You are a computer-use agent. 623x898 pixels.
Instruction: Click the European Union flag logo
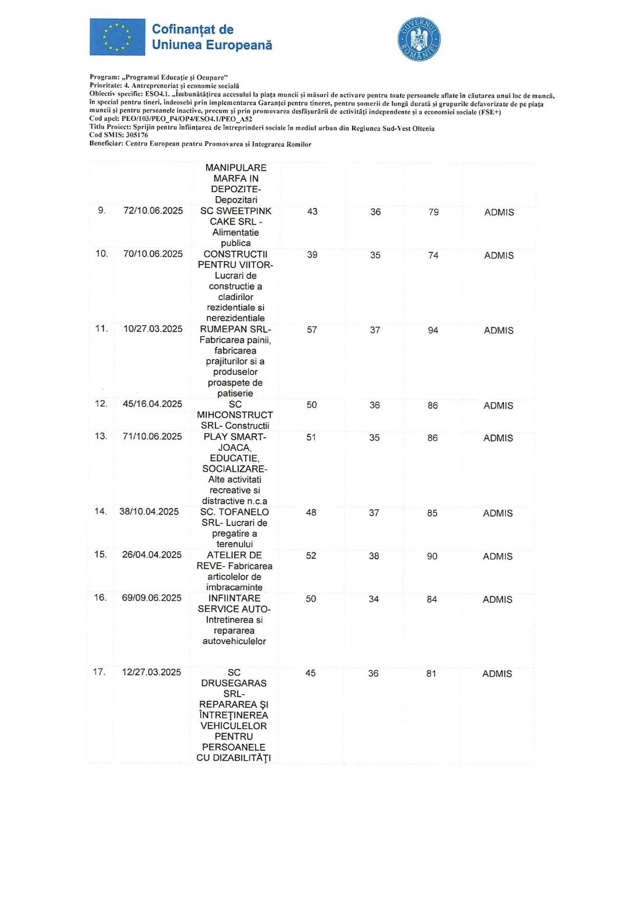pos(117,37)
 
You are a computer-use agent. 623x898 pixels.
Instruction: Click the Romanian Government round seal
pos(419,40)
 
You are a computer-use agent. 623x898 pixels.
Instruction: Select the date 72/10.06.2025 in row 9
pos(153,211)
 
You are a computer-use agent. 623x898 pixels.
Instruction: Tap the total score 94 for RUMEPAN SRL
pos(433,330)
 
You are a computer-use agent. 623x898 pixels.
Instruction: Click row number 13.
pos(101,436)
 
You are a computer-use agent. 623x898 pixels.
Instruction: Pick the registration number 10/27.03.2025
pos(153,329)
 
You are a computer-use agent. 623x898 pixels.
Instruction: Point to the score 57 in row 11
pos(312,330)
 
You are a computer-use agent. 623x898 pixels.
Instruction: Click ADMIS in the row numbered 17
pos(497,674)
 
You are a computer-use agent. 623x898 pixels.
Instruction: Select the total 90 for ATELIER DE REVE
pos(432,556)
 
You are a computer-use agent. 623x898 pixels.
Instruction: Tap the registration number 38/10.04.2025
pos(149,511)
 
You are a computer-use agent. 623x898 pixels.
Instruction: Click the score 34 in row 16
pos(374,599)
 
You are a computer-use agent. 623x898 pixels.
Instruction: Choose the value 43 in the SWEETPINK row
pos(312,211)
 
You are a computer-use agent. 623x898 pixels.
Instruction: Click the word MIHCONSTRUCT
pos(235,415)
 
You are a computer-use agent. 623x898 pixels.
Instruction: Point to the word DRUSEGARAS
pos(234,683)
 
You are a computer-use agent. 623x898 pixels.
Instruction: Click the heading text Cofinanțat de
pos(193,29)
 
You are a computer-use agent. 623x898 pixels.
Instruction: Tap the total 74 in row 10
pos(433,255)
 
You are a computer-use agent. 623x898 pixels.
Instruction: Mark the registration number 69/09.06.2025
pos(152,598)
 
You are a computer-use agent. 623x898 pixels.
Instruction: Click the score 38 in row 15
pos(374,556)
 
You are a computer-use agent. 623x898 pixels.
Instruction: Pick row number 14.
pos(100,511)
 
